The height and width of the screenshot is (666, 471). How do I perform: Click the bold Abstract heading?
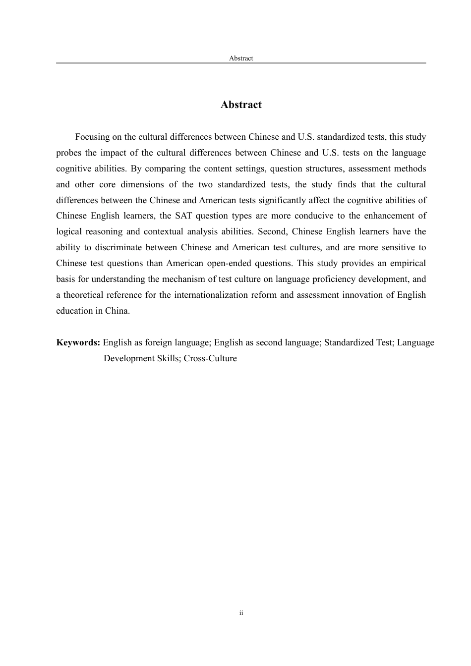tap(241, 105)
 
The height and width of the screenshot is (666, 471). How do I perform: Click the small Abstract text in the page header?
tap(241, 58)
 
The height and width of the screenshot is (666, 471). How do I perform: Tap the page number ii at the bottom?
tap(241, 613)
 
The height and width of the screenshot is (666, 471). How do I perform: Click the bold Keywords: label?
tap(78, 342)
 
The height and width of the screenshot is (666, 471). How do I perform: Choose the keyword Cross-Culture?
tap(210, 358)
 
